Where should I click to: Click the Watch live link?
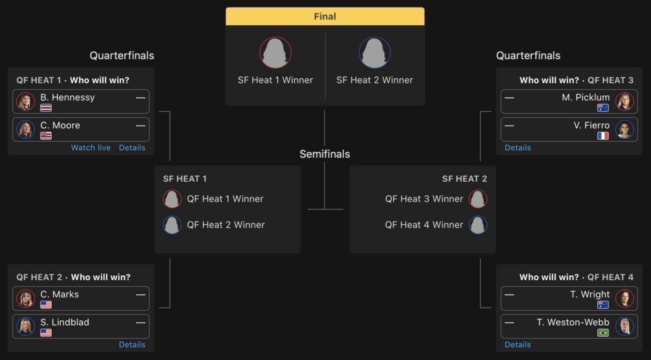[x=90, y=148]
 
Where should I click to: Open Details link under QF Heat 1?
[x=132, y=148]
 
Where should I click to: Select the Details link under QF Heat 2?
[x=132, y=345]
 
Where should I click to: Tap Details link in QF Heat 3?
[x=518, y=148]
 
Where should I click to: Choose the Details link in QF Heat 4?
[x=518, y=345]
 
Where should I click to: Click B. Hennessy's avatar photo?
[x=26, y=101]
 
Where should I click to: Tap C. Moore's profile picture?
[x=26, y=129]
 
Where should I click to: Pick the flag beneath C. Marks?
[x=46, y=305]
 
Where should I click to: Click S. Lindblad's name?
[x=64, y=322]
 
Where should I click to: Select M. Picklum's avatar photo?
[x=624, y=101]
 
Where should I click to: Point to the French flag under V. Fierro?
[x=603, y=136]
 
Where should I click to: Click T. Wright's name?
[x=590, y=294]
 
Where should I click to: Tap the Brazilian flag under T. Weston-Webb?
[x=603, y=333]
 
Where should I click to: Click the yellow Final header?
[x=325, y=16]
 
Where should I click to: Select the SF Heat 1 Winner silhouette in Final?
[x=276, y=52]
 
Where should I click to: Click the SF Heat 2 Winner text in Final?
[x=375, y=80]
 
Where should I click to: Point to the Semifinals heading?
[x=325, y=154]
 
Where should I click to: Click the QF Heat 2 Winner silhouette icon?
[x=173, y=225]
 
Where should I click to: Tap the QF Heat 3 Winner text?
[x=424, y=199]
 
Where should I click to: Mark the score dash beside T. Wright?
[x=509, y=294]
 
